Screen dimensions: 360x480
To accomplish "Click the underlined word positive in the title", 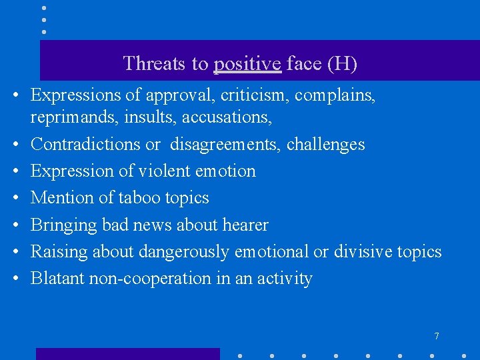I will click(x=247, y=64).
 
